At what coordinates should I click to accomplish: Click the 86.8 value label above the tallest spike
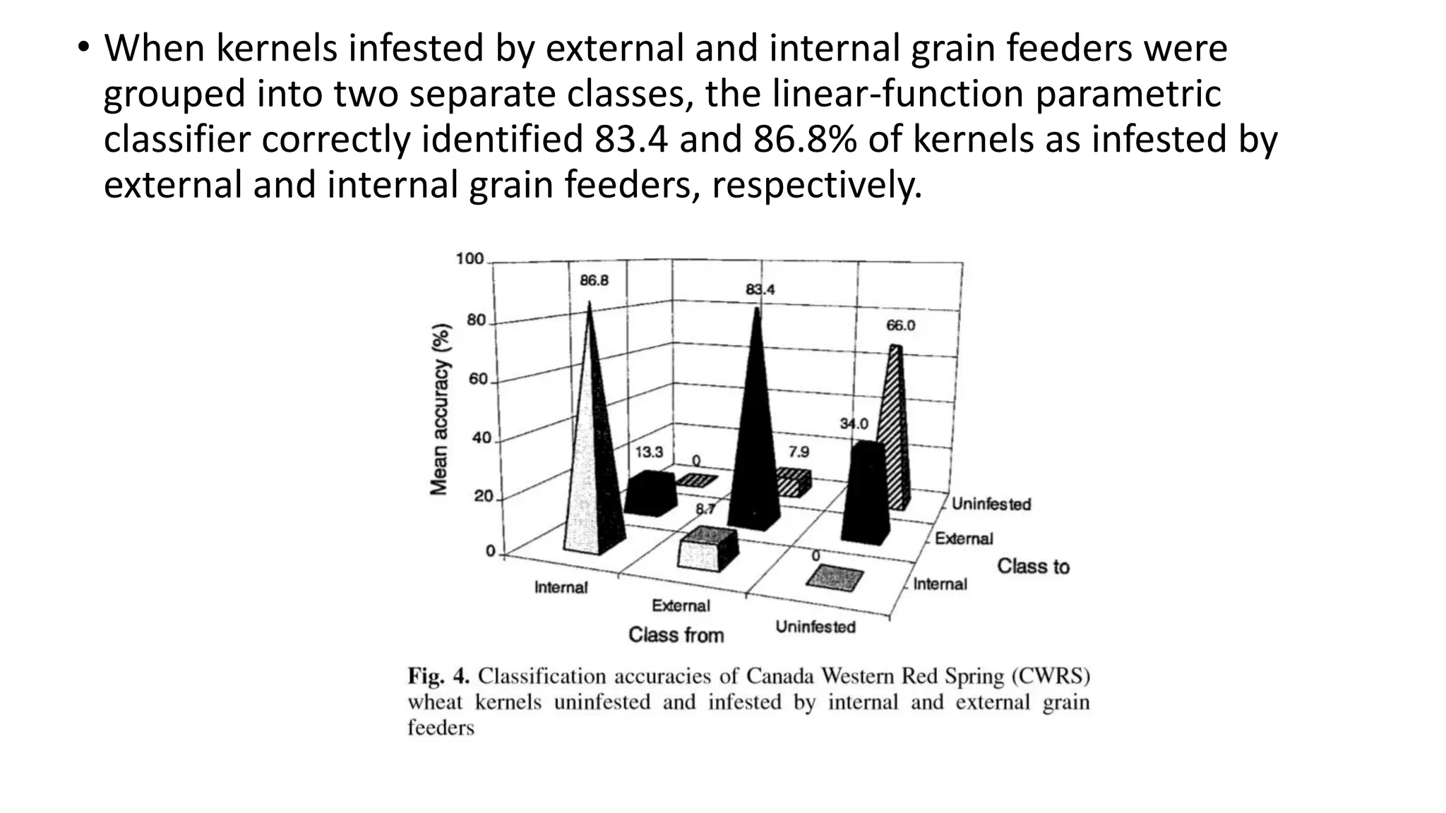[x=594, y=281]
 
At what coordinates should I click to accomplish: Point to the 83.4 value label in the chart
[x=760, y=289]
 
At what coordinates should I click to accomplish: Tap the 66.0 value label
[x=900, y=325]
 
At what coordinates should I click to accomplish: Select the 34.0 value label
[x=854, y=423]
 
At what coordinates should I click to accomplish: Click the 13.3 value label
[x=648, y=452]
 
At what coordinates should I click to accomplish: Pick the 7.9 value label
[x=799, y=452]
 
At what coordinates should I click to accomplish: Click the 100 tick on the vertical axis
[x=470, y=259]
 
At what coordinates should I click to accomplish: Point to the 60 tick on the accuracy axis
[x=478, y=379]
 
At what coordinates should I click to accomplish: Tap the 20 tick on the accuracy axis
[x=483, y=496]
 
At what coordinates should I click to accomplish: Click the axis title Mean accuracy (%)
[x=440, y=409]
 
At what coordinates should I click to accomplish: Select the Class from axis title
[x=676, y=635]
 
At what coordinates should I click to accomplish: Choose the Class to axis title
[x=1033, y=566]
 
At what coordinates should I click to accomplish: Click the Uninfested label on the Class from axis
[x=815, y=627]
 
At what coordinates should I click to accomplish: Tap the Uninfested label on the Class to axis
[x=991, y=504]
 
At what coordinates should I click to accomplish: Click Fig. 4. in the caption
[x=438, y=676]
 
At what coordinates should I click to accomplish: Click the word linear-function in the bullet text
[x=897, y=94]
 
